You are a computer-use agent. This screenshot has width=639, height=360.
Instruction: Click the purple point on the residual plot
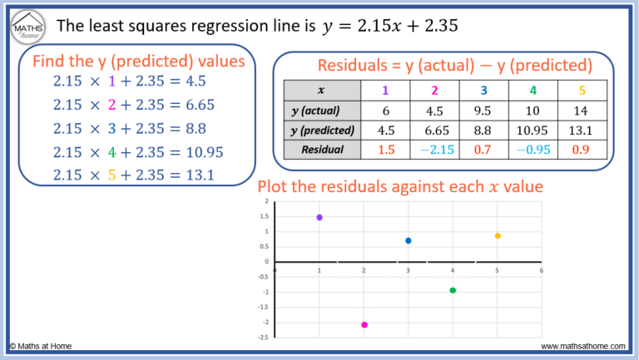point(319,217)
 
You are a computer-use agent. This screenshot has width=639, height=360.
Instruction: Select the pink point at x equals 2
point(364,325)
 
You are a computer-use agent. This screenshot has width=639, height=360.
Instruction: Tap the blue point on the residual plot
point(409,240)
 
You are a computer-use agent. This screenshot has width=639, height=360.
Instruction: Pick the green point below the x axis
point(453,290)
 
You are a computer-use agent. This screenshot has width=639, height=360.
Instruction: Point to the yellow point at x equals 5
point(498,235)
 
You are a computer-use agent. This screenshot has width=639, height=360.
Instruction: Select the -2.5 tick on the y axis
point(264,338)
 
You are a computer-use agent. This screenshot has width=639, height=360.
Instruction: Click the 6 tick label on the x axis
point(542,269)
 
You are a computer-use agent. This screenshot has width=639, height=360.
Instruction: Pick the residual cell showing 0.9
point(579,150)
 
